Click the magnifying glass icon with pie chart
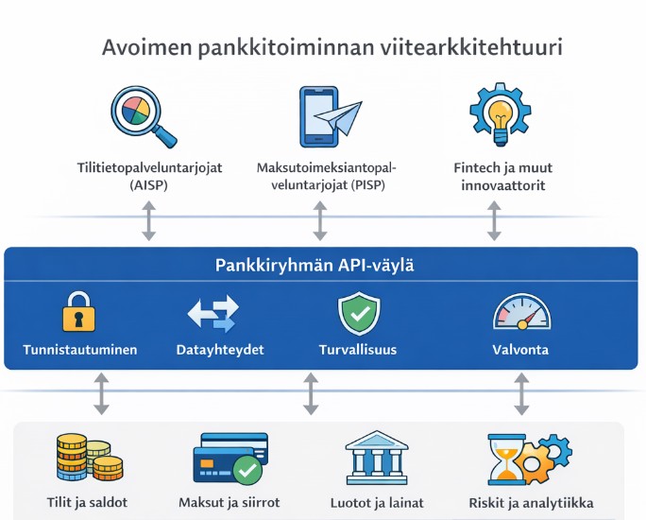pos(141,115)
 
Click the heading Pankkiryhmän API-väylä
pos(322,266)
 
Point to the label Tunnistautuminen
pos(80,350)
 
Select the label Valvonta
pos(520,350)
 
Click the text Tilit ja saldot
pos(88,501)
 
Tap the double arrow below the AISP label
pos(148,220)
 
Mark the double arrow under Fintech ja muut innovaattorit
pos(494,220)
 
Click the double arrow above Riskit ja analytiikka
pos(520,393)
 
